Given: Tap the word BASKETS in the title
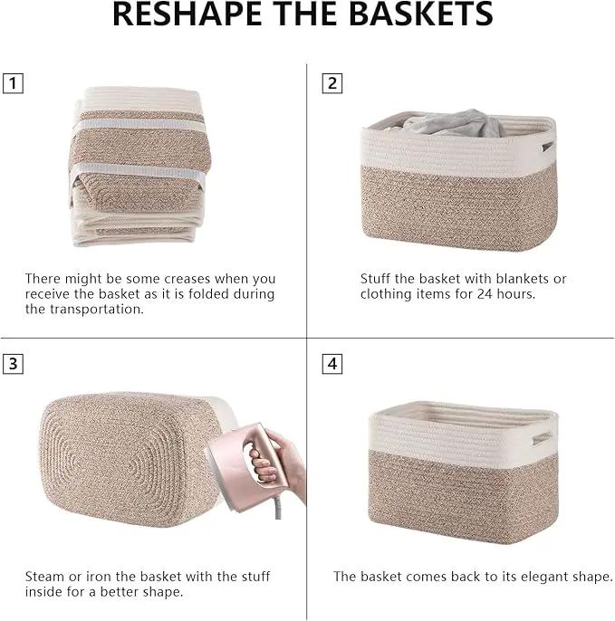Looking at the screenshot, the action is [421, 14].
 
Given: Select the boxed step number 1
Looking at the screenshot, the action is [13, 83].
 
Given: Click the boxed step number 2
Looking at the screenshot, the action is [332, 83].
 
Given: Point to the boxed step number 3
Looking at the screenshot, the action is [13, 364].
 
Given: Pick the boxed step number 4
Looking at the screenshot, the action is [332, 364].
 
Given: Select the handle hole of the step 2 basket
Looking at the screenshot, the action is [548, 147].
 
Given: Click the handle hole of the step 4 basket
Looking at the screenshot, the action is [542, 438].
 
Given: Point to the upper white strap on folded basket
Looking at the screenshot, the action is [139, 124].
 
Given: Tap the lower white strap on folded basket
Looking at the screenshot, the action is [139, 171].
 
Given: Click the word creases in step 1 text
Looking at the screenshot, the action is [187, 279].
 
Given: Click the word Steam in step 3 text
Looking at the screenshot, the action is [44, 577].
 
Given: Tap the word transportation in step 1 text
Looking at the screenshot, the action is [96, 310].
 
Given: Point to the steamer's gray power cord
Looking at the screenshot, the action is [278, 508].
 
